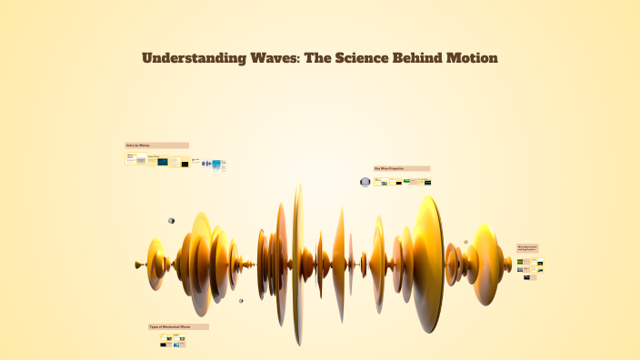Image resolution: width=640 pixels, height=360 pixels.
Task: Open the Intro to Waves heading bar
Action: point(156,145)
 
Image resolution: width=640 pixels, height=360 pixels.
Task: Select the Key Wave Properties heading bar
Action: point(401,168)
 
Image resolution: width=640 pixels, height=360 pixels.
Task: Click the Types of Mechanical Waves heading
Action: point(178,326)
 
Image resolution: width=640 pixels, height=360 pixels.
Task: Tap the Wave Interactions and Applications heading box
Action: point(528,248)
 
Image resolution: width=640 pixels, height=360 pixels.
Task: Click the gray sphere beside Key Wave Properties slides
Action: point(365,182)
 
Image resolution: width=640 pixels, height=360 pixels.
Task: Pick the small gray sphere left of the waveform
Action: point(171,221)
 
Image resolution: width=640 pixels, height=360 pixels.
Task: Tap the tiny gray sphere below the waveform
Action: point(241,301)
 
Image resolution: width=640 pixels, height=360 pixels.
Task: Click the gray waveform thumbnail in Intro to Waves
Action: point(206,165)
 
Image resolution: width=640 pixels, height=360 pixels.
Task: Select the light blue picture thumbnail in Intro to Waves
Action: point(216,165)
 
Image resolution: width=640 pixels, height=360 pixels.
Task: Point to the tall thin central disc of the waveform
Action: point(297,264)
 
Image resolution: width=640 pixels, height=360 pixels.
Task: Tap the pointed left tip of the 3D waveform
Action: point(137,265)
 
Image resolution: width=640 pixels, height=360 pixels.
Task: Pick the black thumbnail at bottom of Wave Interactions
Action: point(527,277)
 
